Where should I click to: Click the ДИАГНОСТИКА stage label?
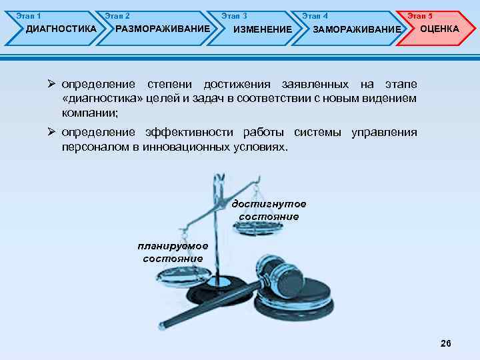click(x=61, y=29)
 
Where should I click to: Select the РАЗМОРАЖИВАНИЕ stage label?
click(x=163, y=29)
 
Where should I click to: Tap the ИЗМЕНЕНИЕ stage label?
click(x=262, y=29)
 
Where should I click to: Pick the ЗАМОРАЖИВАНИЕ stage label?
click(x=357, y=29)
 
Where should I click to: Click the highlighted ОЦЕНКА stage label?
click(x=439, y=29)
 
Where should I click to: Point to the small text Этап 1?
click(x=28, y=15)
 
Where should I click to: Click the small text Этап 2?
click(x=117, y=15)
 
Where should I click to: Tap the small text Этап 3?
click(x=234, y=15)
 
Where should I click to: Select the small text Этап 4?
click(x=315, y=15)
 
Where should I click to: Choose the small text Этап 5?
click(x=420, y=15)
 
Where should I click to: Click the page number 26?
click(x=446, y=343)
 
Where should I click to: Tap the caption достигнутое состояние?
click(x=269, y=210)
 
